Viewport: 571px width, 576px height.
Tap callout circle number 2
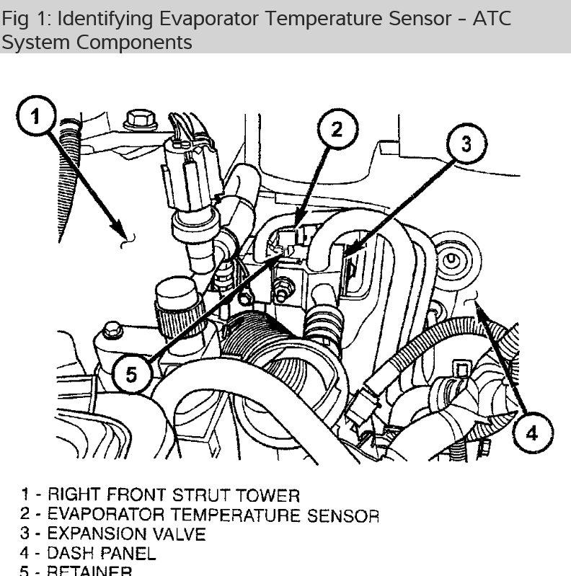pos(336,130)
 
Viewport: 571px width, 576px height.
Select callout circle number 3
pos(466,145)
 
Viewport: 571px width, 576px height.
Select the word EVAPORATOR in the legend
pos(105,515)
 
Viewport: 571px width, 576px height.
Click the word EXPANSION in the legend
pos(98,534)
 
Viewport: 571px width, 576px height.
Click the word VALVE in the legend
pos(179,534)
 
